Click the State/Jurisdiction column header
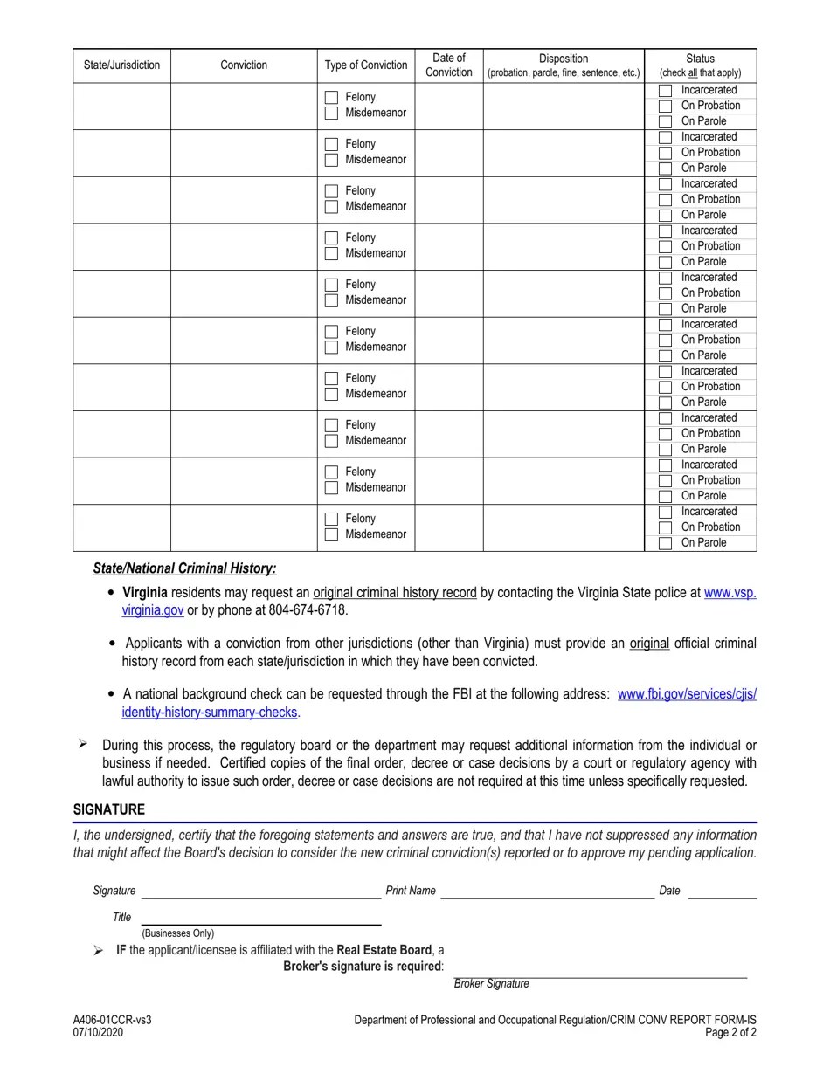pyautogui.click(x=121, y=65)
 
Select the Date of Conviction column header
pyautogui.click(x=448, y=65)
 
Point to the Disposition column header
pyautogui.click(x=564, y=65)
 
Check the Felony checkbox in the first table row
pyautogui.click(x=331, y=98)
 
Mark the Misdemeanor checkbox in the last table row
pyautogui.click(x=331, y=535)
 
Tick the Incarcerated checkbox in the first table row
pyautogui.click(x=665, y=91)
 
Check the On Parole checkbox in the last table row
pyautogui.click(x=665, y=543)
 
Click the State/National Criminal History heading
pyautogui.click(x=184, y=568)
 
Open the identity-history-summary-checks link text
pyautogui.click(x=210, y=713)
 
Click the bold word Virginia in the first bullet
pyautogui.click(x=145, y=592)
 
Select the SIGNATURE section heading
pyautogui.click(x=109, y=809)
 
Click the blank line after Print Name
pyautogui.click(x=547, y=892)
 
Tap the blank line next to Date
pyautogui.click(x=722, y=892)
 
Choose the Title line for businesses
pyautogui.click(x=261, y=918)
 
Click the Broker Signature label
pyautogui.click(x=491, y=984)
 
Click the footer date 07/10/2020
pyautogui.click(x=99, y=1032)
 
